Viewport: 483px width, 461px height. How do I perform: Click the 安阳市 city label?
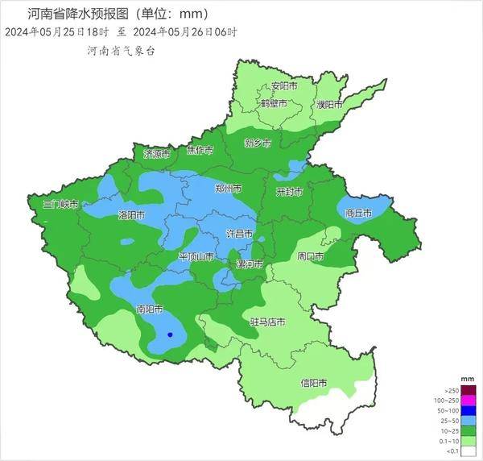284,85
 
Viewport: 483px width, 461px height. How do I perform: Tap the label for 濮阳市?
328,105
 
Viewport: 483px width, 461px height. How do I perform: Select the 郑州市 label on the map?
229,189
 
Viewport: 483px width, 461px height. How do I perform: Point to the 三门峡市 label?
60,205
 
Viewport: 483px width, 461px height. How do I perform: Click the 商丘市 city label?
358,214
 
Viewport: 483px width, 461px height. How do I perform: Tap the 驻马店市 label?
267,322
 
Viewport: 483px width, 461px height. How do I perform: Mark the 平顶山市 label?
196,257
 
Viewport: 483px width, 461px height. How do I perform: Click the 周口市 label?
310,257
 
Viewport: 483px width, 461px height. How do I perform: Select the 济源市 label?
157,153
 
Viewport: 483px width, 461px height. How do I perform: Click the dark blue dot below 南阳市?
169,334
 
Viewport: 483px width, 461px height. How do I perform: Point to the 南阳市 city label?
150,309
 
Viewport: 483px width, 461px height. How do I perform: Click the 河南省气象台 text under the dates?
121,50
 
